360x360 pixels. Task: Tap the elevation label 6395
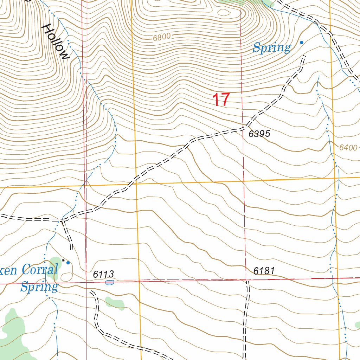point(259,134)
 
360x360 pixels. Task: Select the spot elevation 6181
point(264,271)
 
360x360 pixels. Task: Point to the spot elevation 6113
point(104,274)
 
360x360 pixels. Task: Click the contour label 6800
point(162,37)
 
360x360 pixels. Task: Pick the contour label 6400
point(348,148)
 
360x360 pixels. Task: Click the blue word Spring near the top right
point(272,47)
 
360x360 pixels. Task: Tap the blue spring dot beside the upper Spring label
point(301,43)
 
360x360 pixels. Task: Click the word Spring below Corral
point(39,287)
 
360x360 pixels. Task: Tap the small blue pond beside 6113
point(110,282)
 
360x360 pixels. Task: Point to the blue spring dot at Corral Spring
point(68,263)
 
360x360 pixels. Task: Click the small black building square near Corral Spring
point(64,261)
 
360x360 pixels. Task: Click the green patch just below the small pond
point(115,302)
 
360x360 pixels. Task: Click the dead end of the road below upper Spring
point(304,56)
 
